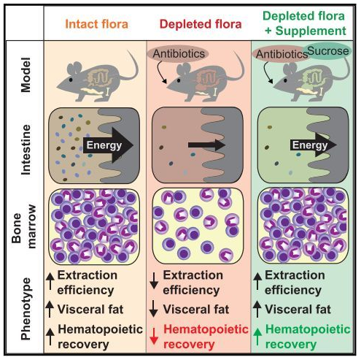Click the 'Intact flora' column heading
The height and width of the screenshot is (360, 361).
pyautogui.click(x=96, y=24)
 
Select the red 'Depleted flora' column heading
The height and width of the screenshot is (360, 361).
pyautogui.click(x=201, y=24)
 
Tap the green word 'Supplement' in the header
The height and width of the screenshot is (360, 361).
pyautogui.click(x=311, y=31)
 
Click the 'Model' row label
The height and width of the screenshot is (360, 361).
pyautogui.click(x=26, y=74)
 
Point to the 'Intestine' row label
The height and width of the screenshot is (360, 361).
pyautogui.click(x=26, y=150)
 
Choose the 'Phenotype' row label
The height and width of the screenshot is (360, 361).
pyautogui.click(x=26, y=309)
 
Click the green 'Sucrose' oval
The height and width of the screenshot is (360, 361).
pyautogui.click(x=328, y=51)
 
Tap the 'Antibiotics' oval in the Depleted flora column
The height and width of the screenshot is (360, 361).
pyautogui.click(x=179, y=53)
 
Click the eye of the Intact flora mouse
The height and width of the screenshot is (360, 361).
pyautogui.click(x=71, y=80)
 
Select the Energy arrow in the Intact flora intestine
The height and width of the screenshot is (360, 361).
pyautogui.click(x=108, y=145)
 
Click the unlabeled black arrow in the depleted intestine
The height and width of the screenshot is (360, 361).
pyautogui.click(x=207, y=145)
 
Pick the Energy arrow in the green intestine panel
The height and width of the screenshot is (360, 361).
pyautogui.click(x=314, y=145)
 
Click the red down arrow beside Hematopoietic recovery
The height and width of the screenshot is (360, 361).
pyautogui.click(x=154, y=336)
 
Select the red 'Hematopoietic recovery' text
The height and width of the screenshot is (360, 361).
pyautogui.click(x=206, y=337)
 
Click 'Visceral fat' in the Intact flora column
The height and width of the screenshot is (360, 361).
pyautogui.click(x=90, y=310)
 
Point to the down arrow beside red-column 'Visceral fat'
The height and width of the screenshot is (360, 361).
pyautogui.click(x=154, y=308)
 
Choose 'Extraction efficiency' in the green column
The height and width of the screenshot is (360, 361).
pyautogui.click(x=295, y=283)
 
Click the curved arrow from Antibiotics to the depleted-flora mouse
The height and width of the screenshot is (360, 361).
pyautogui.click(x=160, y=72)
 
